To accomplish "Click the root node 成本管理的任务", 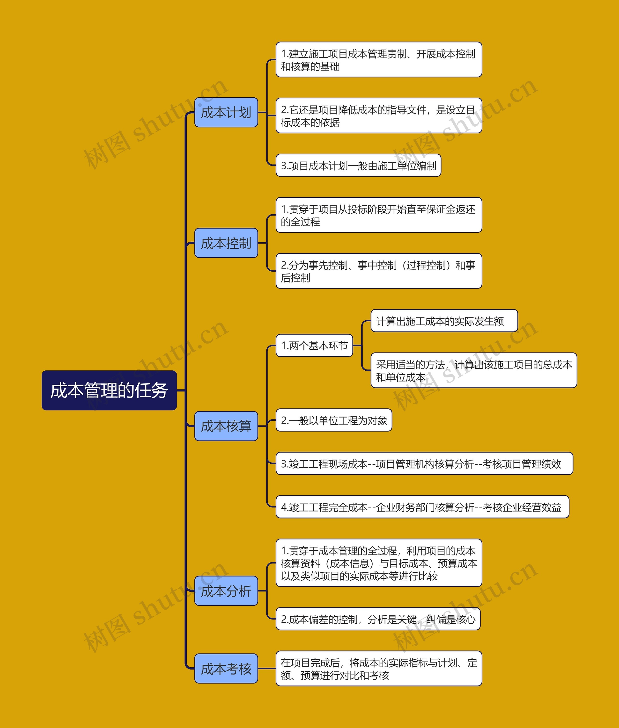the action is [x=109, y=390].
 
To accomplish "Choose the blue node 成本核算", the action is [x=226, y=426].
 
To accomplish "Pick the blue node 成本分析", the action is [x=226, y=591].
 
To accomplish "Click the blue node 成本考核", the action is [x=226, y=669].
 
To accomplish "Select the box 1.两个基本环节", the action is [x=314, y=346].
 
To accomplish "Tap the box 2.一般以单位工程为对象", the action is [x=334, y=420].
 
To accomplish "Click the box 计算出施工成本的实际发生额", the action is [x=444, y=321].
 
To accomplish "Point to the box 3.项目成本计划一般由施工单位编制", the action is [x=358, y=166].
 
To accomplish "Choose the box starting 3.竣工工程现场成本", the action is [x=424, y=464].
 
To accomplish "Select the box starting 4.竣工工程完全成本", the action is [x=422, y=507].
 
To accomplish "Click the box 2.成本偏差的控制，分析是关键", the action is [x=378, y=619].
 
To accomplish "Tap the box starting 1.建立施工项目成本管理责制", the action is [x=379, y=60].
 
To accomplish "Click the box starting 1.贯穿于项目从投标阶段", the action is [x=379, y=215].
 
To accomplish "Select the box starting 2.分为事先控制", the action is [x=379, y=271].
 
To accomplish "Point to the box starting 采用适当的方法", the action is [x=473, y=371].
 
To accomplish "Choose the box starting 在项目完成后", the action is [x=379, y=669].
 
